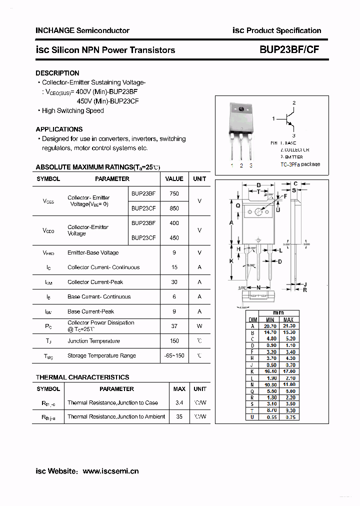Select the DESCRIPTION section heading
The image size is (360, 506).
pos(57,73)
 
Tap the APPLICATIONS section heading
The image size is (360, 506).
pos(59,129)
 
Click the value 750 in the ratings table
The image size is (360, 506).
pos(174,193)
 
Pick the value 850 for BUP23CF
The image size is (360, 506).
pos(174,208)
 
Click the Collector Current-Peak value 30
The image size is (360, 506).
pos(174,282)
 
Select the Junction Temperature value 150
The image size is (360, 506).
pos(174,341)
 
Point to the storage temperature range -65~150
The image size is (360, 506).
pos(174,356)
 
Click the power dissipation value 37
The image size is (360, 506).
pos(174,326)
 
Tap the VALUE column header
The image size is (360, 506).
pos(174,178)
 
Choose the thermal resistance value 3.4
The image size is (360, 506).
pos(179,402)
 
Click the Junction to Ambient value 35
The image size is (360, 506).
pos(179,416)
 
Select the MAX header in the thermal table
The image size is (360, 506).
pos(179,388)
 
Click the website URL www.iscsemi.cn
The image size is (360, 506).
pos(110,471)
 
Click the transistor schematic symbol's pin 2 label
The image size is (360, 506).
pos(294,103)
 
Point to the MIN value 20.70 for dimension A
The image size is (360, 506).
pos(270,326)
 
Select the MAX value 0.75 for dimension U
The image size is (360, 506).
pos(289,417)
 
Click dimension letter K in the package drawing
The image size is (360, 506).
pos(231,261)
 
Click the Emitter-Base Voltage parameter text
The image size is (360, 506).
pos(93,252)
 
